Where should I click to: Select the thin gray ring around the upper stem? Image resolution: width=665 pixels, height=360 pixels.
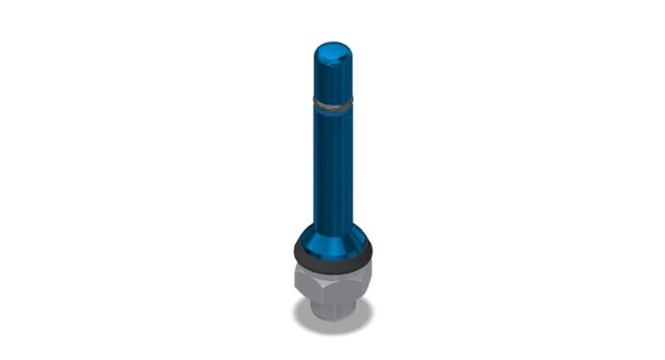(332, 102)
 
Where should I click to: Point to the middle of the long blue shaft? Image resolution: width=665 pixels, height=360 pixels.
(332, 166)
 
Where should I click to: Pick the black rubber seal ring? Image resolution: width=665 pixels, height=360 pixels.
(333, 255)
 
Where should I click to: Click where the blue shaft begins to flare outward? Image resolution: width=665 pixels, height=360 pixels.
(332, 218)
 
